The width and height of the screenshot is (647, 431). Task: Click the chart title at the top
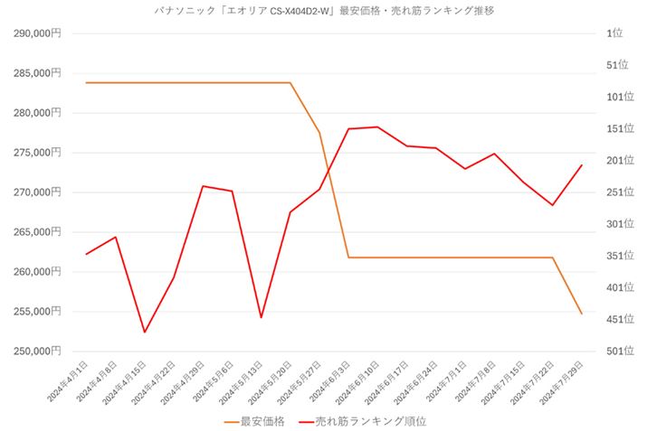324,11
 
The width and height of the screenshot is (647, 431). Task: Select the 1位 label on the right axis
616,33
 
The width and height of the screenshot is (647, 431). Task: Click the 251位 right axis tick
619,192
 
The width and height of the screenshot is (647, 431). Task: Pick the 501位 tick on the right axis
619,351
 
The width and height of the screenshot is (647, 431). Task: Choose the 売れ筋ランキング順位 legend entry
371,421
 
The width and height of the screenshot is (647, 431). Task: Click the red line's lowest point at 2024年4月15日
144,333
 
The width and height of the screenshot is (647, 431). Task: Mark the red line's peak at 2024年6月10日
377,127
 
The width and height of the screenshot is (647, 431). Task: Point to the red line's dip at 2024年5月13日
261,318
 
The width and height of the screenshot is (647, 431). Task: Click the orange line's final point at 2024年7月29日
581,314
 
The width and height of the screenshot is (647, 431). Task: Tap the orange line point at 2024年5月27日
319,133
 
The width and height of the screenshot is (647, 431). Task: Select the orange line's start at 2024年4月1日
86,82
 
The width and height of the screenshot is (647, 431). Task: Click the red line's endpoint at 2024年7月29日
581,165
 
